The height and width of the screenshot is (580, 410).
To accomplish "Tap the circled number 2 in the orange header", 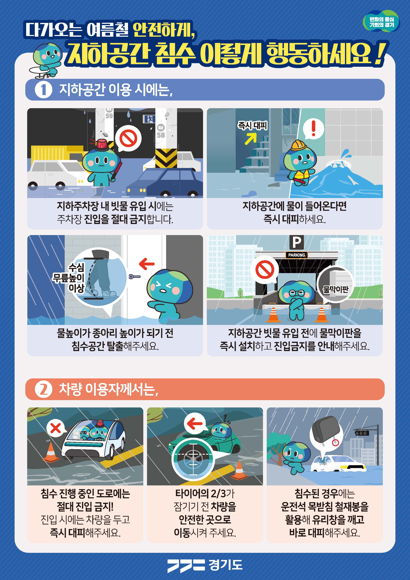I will (43, 389).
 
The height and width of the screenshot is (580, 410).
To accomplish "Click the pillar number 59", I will (109, 116).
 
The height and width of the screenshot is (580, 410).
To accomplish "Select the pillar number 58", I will (161, 135).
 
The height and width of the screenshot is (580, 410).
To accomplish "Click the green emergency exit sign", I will (149, 119).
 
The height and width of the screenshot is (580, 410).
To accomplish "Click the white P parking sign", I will (296, 242).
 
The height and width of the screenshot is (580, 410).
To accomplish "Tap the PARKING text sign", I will (296, 255).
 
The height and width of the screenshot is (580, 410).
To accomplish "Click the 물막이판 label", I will (335, 289).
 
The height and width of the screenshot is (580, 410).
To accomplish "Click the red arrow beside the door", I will (147, 264).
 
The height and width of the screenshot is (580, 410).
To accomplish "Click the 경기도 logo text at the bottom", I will (225, 565).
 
